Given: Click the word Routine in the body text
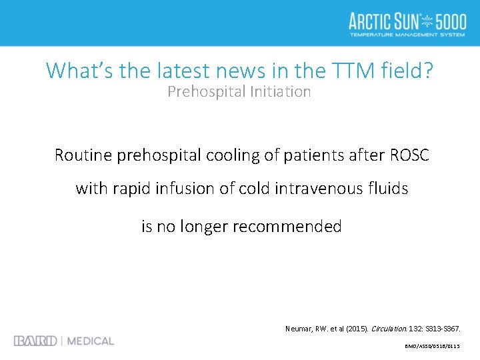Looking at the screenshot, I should [x=83, y=156].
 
